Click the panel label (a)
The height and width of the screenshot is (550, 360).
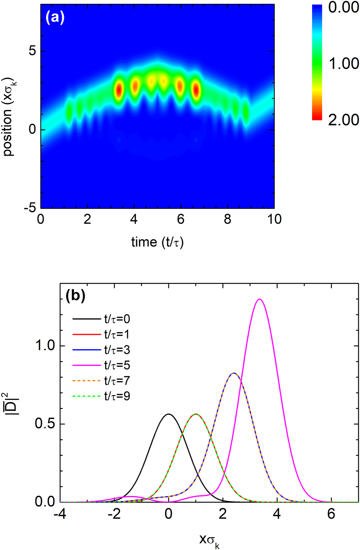coord(55,17)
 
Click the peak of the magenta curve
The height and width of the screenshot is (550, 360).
coord(260,299)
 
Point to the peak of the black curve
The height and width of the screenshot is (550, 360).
coord(169,414)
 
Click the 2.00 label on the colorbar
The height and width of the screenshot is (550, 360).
coord(343,120)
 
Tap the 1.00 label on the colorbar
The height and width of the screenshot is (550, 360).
coord(343,64)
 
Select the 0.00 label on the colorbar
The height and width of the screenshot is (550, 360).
coord(343,7)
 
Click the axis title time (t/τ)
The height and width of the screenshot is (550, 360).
coord(157,242)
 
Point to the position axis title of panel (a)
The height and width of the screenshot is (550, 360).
coord(8,116)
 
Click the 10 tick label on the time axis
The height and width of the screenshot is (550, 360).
coord(274,219)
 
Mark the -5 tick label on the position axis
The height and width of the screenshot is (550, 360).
coord(30,208)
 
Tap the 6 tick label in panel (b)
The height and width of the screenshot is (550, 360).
coord(331,514)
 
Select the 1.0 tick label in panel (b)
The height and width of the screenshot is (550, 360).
coord(45,346)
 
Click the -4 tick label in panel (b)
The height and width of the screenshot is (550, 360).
coord(60,514)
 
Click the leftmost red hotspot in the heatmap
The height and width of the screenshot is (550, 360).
coord(119,90)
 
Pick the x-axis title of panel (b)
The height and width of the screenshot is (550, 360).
coord(209,540)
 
